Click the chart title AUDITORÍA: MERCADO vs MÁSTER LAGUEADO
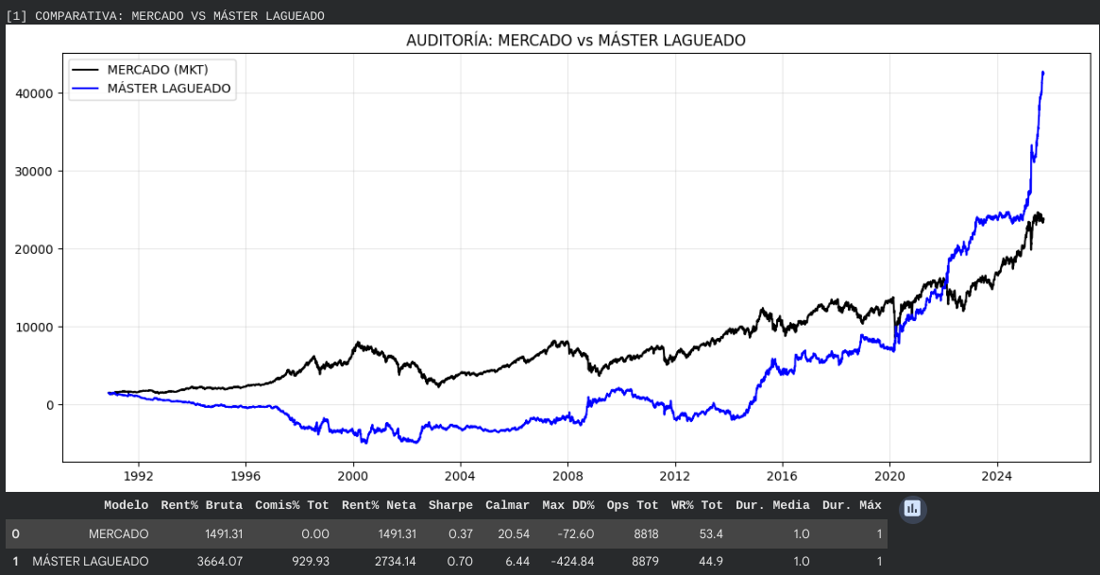pyautogui.click(x=576, y=41)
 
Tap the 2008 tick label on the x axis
pyautogui.click(x=568, y=478)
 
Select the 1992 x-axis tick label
pyautogui.click(x=139, y=478)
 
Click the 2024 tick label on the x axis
pyautogui.click(x=998, y=478)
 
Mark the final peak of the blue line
pyautogui.click(x=1042, y=72)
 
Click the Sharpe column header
pyautogui.click(x=450, y=506)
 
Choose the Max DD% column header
pyautogui.click(x=568, y=506)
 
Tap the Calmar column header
pyautogui.click(x=507, y=506)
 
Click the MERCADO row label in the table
pyautogui.click(x=118, y=534)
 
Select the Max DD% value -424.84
pyautogui.click(x=570, y=562)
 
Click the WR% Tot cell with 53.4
pyautogui.click(x=710, y=534)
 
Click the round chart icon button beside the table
pyautogui.click(x=912, y=509)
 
